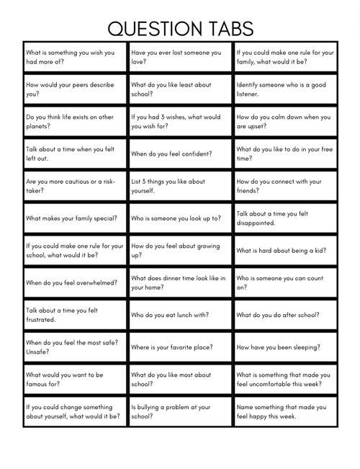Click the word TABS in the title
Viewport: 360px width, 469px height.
point(228,28)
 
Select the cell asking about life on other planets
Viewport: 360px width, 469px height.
point(74,121)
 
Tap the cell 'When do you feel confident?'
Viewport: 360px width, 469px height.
point(180,153)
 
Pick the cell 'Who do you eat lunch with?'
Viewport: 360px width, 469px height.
point(180,314)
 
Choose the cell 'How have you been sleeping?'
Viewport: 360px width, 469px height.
point(285,347)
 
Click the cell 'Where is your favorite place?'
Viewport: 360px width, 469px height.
point(180,347)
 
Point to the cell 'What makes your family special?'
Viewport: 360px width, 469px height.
point(74,218)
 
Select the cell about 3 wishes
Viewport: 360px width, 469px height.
point(180,121)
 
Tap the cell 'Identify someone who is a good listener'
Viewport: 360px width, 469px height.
point(285,89)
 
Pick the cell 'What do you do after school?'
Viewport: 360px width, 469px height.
point(285,314)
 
